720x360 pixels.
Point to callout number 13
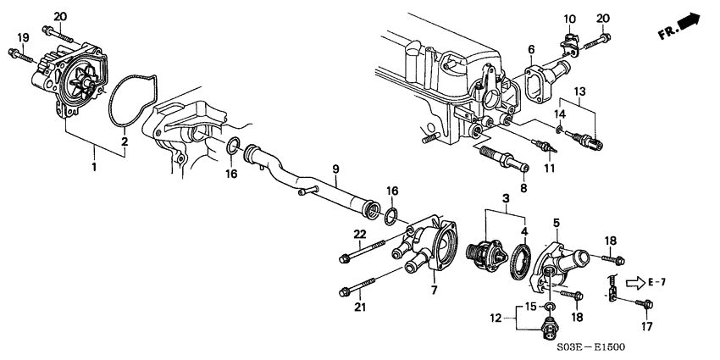point(579,91)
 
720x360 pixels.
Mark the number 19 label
point(23,37)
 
